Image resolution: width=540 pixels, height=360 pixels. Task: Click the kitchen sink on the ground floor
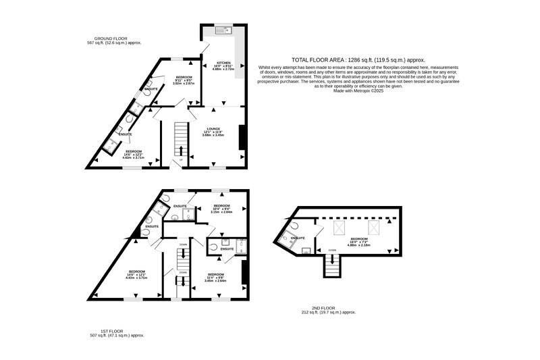[221, 30]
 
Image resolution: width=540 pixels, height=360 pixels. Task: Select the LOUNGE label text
[212, 129]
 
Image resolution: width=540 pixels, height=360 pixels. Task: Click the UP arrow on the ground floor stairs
[180, 149]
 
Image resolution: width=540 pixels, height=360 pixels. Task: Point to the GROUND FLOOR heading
[111, 39]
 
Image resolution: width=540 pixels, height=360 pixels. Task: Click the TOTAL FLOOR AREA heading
[358, 60]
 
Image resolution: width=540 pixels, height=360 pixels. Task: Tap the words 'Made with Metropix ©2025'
[358, 91]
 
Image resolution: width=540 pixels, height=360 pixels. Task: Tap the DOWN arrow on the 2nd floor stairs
[331, 259]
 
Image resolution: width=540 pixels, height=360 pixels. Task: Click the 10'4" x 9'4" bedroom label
[222, 208]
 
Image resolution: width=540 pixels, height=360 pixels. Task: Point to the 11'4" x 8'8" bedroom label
[216, 276]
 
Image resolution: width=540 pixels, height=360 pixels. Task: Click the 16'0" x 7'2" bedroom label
[359, 241]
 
